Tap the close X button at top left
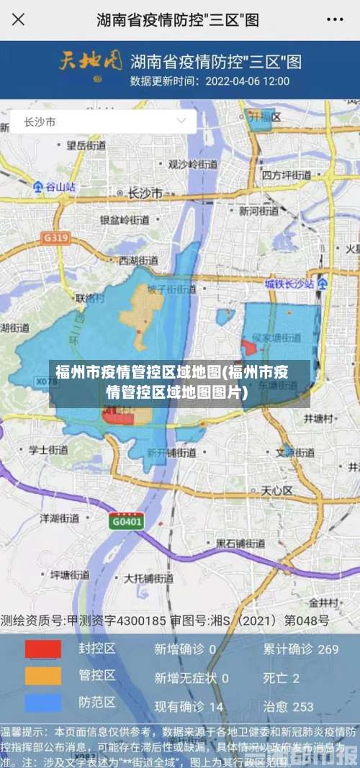[x=18, y=19]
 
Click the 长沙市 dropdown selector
[x=103, y=122]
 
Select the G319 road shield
[x=55, y=238]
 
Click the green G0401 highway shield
[x=126, y=521]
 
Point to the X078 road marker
[x=47, y=382]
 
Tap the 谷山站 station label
[x=55, y=186]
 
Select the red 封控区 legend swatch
[x=43, y=649]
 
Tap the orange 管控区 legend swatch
[x=43, y=676]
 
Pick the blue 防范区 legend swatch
[x=43, y=703]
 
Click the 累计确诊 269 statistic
[x=300, y=649]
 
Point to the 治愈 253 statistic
[x=288, y=707]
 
